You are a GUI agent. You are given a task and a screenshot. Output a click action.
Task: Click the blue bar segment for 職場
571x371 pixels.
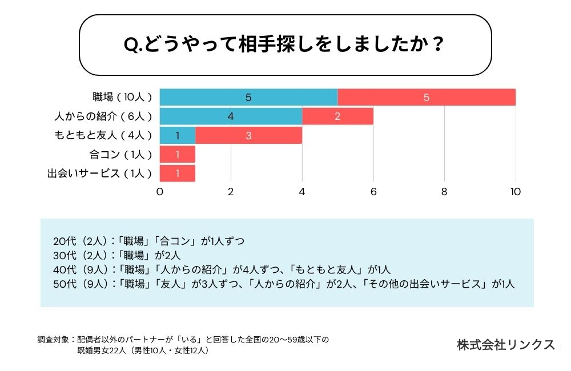tap(248, 97)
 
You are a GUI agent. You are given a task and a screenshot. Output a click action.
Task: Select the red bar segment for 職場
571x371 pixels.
tap(427, 97)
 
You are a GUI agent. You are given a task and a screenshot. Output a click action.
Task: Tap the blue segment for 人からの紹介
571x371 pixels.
tap(231, 116)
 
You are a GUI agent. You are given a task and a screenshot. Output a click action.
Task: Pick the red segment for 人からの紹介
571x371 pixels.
tap(337, 116)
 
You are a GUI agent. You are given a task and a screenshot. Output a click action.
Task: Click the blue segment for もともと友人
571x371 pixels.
tap(178, 135)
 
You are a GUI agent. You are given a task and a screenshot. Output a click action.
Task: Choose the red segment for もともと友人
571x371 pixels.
tap(248, 135)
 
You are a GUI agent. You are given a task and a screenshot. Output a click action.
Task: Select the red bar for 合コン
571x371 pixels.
tap(178, 154)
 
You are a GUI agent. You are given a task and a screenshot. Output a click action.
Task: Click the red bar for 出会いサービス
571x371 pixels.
tap(178, 173)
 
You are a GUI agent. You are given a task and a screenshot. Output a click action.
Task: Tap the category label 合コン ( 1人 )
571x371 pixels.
tap(121, 154)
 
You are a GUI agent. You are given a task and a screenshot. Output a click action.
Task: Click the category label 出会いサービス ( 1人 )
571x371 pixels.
tap(100, 173)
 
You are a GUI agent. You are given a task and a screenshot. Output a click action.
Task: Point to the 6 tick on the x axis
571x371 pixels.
tap(373, 192)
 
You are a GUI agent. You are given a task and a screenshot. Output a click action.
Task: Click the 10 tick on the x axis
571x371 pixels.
tap(516, 192)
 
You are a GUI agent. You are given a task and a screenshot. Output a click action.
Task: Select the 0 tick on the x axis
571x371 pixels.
tap(160, 192)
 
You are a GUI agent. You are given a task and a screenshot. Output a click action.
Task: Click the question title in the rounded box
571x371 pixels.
tap(284, 45)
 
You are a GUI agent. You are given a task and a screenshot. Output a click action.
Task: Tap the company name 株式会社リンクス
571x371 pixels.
tap(506, 345)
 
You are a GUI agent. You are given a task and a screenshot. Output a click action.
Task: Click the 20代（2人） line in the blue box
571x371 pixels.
tap(148, 241)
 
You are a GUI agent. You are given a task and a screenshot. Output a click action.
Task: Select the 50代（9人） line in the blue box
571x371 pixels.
tap(284, 284)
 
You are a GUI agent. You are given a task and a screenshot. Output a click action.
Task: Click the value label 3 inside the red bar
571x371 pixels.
tap(248, 135)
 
